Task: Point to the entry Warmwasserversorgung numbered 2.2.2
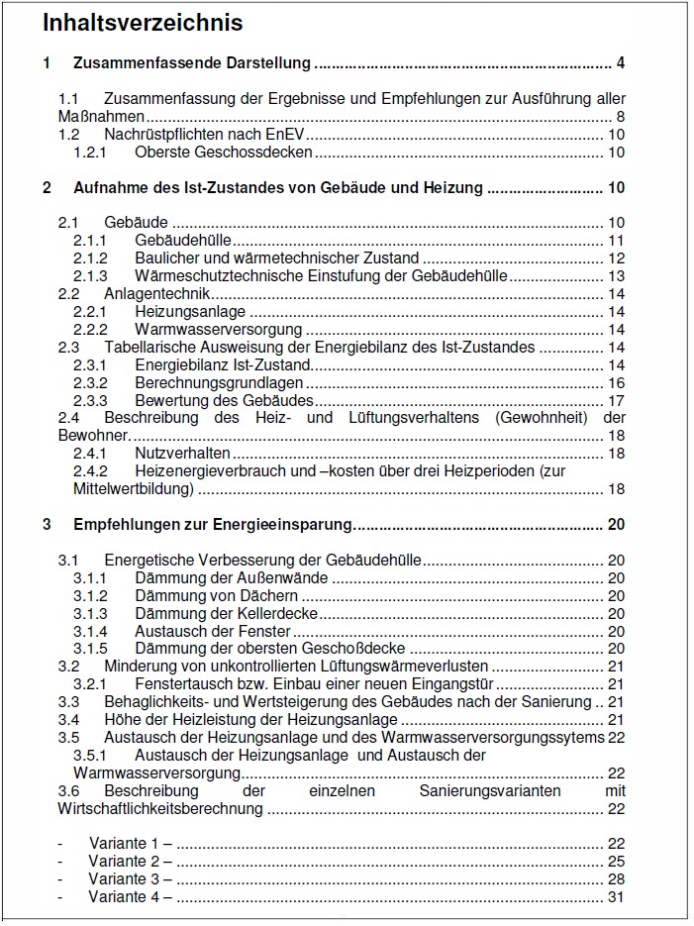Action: click(218, 329)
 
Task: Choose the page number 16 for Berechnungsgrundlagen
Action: click(616, 382)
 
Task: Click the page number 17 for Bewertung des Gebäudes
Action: click(616, 400)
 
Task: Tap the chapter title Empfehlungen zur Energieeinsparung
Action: click(212, 524)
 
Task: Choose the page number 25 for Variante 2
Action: click(616, 861)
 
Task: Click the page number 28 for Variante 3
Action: click(616, 878)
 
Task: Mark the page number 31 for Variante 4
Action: click(616, 896)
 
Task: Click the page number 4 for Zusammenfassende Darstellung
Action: click(620, 64)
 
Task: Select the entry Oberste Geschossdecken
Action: click(224, 153)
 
